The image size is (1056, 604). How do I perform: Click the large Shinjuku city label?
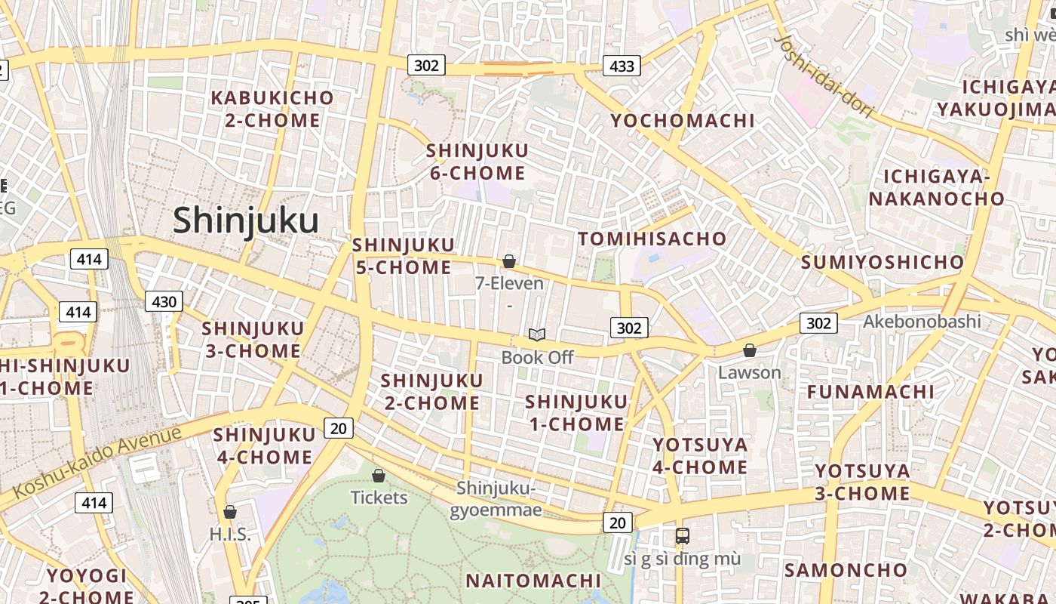pos(246,221)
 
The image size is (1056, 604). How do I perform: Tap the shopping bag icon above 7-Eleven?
pos(509,261)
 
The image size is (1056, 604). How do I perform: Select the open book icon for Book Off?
pos(537,334)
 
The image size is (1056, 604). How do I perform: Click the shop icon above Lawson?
pos(749,350)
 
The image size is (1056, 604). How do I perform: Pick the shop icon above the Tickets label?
pos(379,476)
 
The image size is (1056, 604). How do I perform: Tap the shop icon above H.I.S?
pos(230,512)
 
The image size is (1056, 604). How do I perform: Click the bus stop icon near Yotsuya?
pos(683,536)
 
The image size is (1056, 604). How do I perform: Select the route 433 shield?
pos(622,66)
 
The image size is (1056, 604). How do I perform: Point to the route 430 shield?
pos(164,302)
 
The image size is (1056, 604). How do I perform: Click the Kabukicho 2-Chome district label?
pos(272,109)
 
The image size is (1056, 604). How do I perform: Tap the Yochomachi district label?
pos(682,121)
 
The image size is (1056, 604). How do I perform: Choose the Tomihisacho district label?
pos(652,239)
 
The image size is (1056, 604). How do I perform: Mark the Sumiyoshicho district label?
pos(883,263)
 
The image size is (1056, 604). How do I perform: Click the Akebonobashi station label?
pos(922,322)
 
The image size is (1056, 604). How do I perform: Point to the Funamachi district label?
pos(870,392)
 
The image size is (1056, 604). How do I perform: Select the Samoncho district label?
pos(846,570)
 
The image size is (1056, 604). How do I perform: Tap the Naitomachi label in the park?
pos(533,581)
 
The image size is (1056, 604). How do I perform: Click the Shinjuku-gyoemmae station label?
pos(496,499)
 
